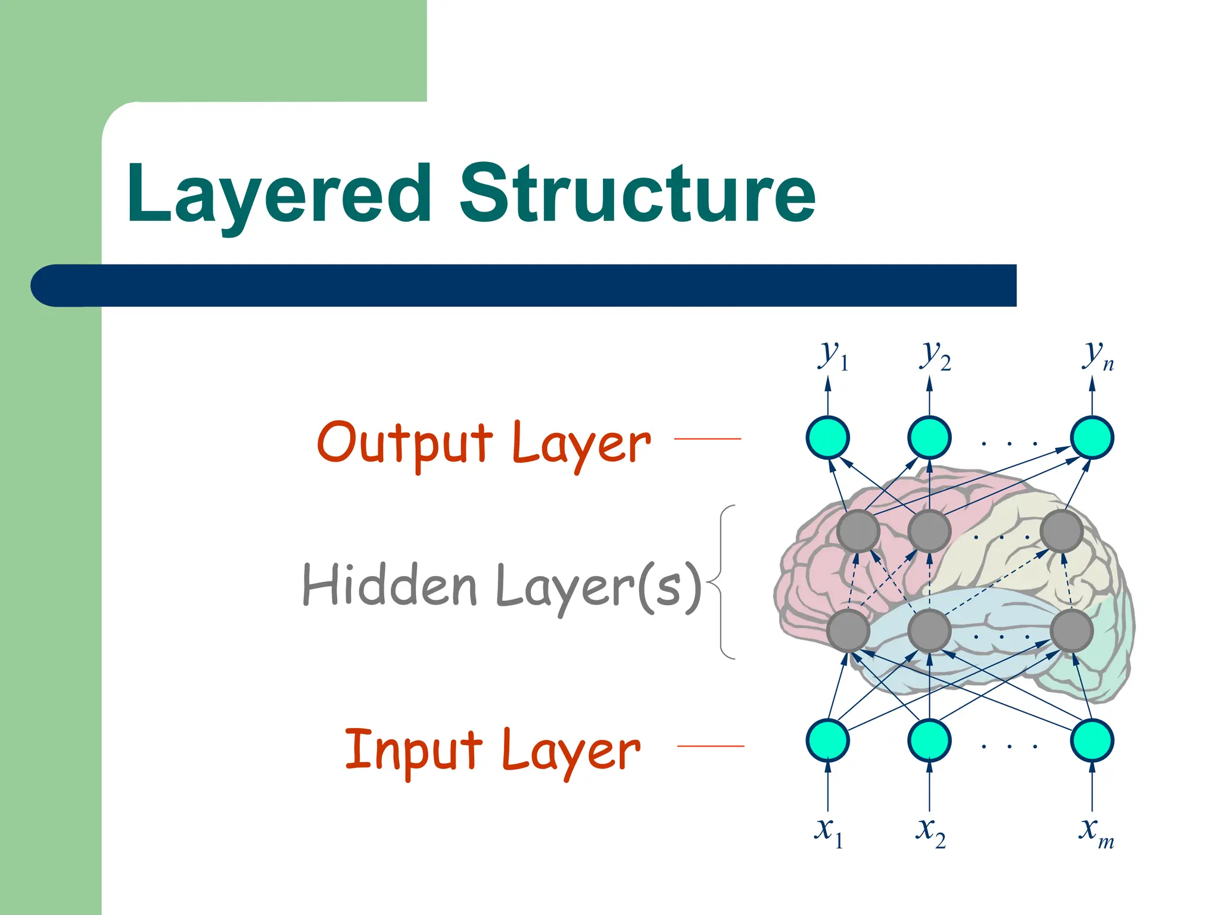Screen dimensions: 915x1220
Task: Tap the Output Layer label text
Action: point(484,443)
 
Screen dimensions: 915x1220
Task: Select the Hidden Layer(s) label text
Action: point(502,586)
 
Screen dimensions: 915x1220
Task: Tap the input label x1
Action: point(829,830)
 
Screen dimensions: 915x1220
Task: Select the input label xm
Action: point(1095,830)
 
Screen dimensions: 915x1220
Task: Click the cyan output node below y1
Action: point(827,437)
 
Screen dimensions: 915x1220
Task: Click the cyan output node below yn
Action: point(1092,437)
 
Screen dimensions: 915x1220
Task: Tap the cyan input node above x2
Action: point(929,740)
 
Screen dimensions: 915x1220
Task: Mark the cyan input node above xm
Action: point(1092,740)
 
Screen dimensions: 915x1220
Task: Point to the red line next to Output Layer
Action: point(707,438)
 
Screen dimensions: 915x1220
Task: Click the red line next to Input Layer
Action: point(711,746)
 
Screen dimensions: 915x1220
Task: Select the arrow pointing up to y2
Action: point(929,396)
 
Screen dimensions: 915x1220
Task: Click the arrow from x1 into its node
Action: point(827,786)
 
